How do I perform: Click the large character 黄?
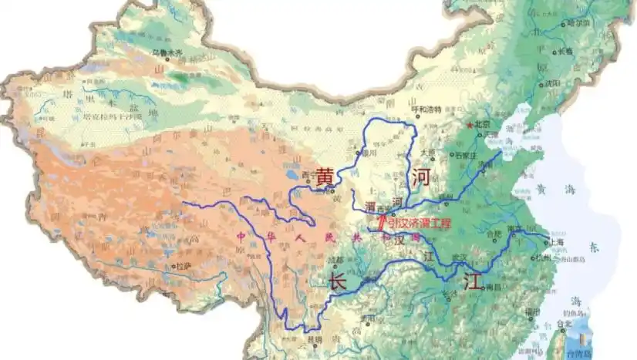325,177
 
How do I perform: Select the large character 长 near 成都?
337,282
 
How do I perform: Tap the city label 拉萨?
184,266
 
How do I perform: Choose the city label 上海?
556,242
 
